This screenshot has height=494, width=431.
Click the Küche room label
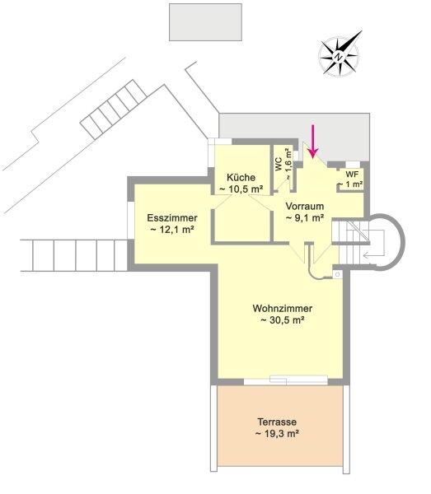[x=241, y=177]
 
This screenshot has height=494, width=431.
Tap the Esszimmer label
[x=172, y=217]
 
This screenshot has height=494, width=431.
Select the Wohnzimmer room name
[x=282, y=308]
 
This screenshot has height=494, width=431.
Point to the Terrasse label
[x=277, y=422]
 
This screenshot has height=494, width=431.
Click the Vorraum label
[x=305, y=206]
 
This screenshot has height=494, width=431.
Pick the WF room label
[x=352, y=175]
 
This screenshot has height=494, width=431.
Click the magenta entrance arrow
[x=313, y=141]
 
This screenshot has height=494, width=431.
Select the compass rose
[x=340, y=55]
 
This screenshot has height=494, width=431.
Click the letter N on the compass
[x=339, y=57]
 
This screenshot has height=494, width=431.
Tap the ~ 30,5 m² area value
[x=282, y=320]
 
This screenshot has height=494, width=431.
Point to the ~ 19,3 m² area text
[x=277, y=434]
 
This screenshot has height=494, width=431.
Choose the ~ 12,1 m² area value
[x=172, y=230]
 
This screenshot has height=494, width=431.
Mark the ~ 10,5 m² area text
[x=241, y=189]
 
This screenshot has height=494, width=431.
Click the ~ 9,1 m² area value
[x=305, y=217]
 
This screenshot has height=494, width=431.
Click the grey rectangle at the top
[x=205, y=22]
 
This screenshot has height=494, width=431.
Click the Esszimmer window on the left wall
[x=130, y=220]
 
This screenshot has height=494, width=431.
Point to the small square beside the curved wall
[x=337, y=275]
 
